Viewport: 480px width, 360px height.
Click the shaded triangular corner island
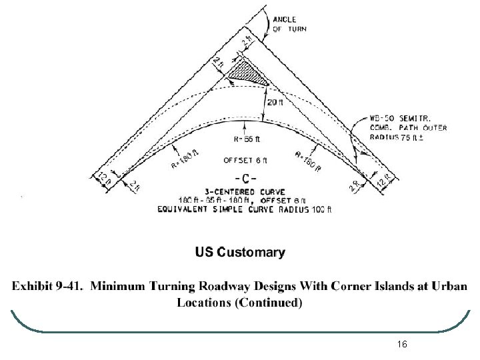coord(246,73)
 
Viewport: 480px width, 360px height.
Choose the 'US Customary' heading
coord(240,253)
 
